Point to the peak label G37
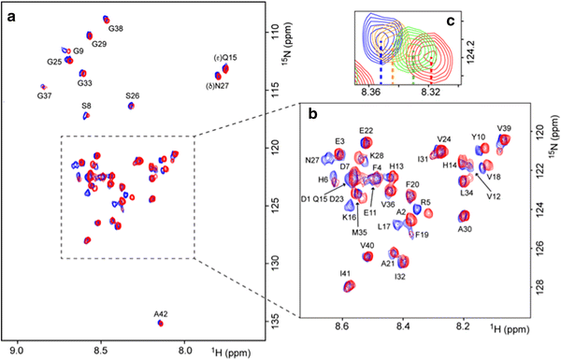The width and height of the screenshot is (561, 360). click(x=44, y=95)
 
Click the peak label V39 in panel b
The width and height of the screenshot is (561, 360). click(x=504, y=128)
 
